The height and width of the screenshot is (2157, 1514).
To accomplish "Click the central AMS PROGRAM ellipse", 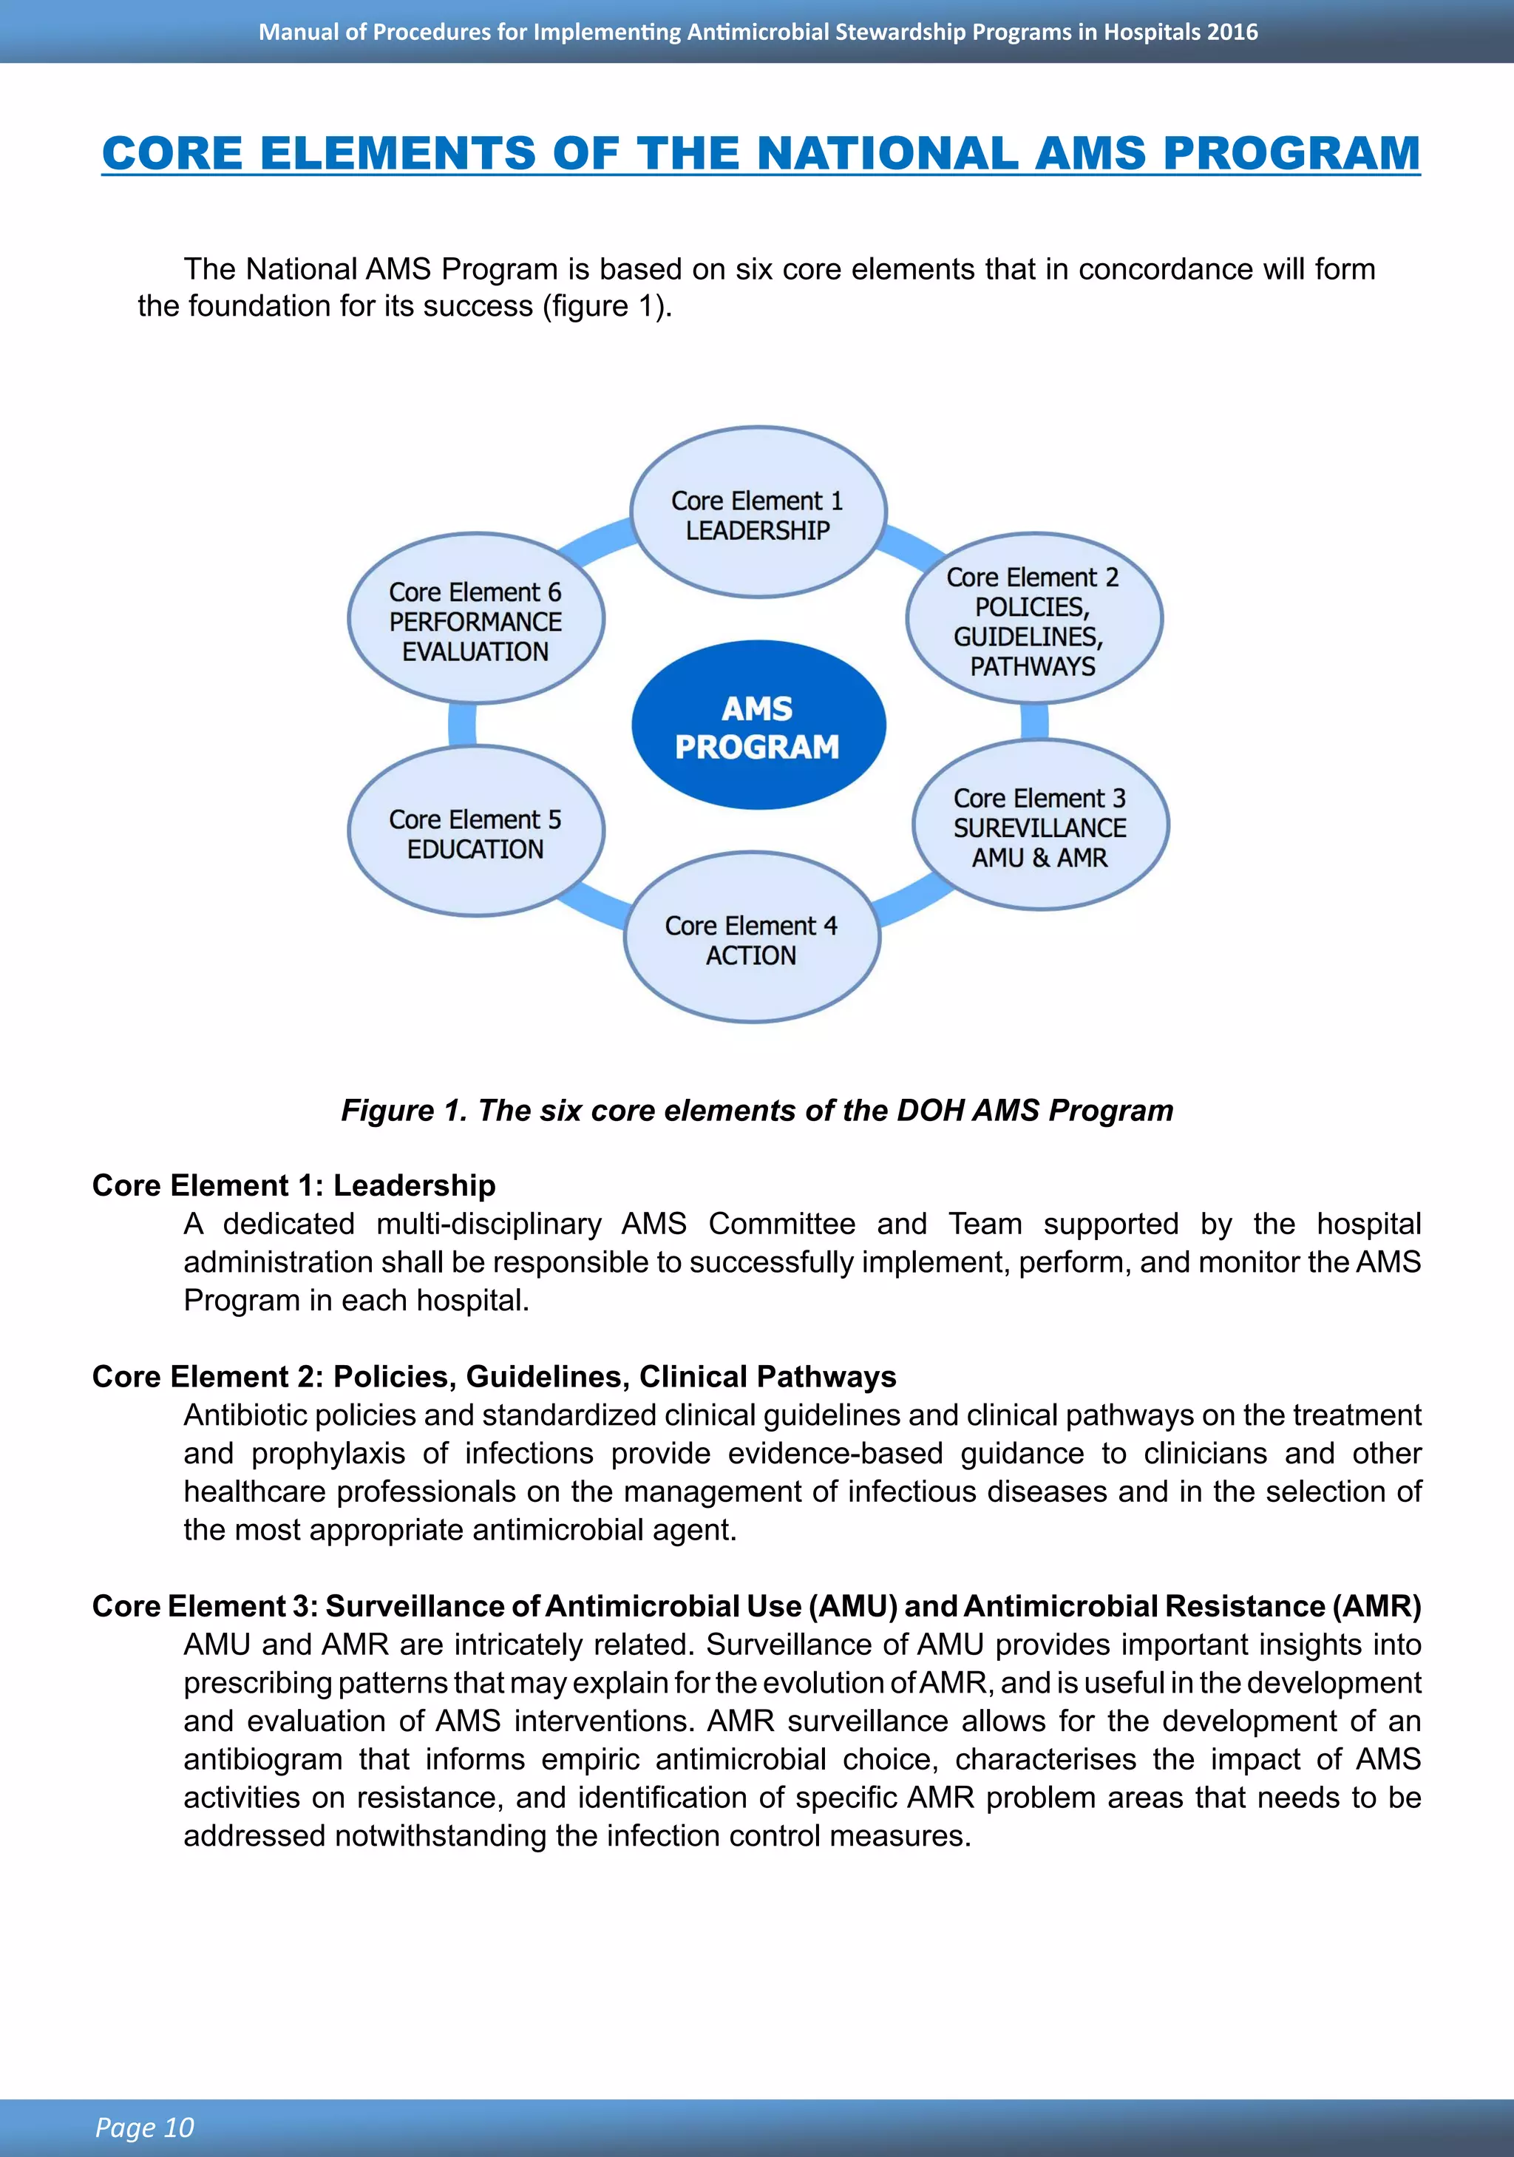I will click(758, 725).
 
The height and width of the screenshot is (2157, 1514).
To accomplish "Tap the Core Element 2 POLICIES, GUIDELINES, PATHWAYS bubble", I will click(1033, 620).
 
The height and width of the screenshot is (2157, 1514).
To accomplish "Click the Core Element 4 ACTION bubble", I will click(751, 938).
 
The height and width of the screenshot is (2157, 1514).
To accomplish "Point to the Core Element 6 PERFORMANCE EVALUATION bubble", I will click(475, 620).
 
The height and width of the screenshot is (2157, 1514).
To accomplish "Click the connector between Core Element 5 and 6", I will click(462, 725).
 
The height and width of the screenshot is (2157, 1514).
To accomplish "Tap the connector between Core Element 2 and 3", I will click(1034, 722).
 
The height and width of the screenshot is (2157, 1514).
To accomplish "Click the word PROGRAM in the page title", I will click(1291, 153).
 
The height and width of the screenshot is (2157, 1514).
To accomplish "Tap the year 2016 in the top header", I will click(1232, 32).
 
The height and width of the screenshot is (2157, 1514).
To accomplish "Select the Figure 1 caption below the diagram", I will click(757, 1111).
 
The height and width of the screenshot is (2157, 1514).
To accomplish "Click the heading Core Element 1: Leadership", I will click(293, 1185).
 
